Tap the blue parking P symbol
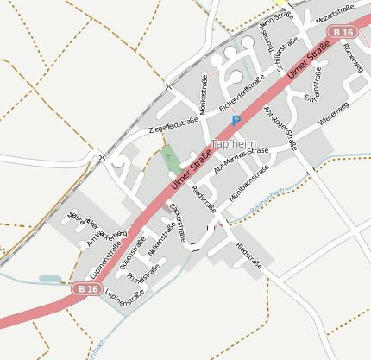tap(236, 122)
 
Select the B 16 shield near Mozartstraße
tap(343, 32)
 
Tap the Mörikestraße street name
tap(204, 97)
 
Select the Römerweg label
tap(353, 60)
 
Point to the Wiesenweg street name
tap(333, 114)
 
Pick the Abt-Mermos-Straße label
tap(242, 161)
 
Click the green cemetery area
tap(170, 161)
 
